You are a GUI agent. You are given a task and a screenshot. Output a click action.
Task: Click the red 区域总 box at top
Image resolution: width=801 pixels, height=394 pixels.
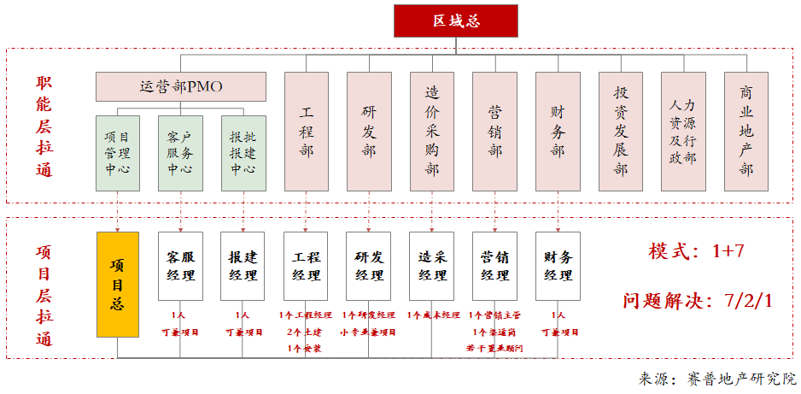coord(455,21)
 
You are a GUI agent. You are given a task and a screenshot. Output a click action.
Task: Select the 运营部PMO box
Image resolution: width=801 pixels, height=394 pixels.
coord(180,85)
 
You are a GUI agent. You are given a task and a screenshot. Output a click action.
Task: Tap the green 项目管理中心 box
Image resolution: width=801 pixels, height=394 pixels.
coord(117,152)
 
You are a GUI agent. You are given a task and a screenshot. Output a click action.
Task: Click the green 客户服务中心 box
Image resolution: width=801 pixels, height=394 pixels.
coord(180,152)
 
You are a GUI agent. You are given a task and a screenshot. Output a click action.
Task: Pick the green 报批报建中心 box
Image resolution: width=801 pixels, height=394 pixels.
coord(243,152)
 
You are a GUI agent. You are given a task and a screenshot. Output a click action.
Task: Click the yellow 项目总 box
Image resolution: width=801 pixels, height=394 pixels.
coord(117,283)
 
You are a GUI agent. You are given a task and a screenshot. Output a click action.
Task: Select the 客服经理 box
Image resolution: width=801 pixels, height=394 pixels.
coord(180,266)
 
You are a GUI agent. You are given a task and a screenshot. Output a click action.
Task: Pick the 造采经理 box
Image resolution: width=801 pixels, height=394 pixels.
coord(432,266)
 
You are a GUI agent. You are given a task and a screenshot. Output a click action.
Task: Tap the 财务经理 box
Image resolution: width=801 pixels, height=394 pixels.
coord(558,266)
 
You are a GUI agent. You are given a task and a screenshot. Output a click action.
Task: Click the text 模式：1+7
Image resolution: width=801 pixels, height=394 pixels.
coord(697,251)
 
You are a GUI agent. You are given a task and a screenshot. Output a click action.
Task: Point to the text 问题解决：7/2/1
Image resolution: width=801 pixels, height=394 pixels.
coord(697,301)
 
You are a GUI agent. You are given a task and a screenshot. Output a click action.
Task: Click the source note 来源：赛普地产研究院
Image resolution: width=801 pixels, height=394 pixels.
coord(716,379)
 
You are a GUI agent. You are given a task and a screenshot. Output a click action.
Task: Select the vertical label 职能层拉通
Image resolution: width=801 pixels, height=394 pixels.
coord(44,126)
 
